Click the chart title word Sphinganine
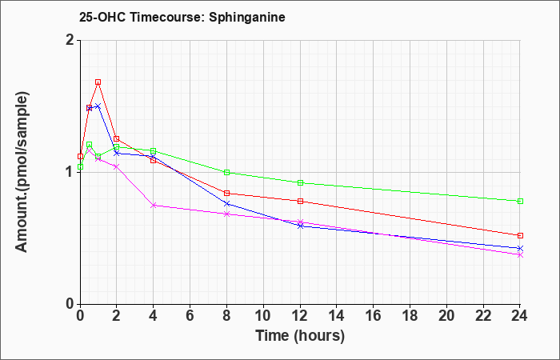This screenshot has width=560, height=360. [246, 18]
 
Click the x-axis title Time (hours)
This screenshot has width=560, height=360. [300, 336]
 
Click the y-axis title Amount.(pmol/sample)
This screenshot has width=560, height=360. [22, 172]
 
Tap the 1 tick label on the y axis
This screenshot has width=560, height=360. [70, 172]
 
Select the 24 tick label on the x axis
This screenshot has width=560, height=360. [520, 316]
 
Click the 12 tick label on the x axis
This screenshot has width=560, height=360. [300, 316]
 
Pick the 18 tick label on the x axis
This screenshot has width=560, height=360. [410, 316]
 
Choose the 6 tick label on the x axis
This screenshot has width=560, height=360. [190, 316]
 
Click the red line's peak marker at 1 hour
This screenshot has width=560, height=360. [98, 82]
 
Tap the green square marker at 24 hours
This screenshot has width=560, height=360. [520, 201]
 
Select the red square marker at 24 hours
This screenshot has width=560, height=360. [520, 235]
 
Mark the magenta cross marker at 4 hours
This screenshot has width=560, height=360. [154, 206]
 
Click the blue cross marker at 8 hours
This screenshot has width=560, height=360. [226, 203]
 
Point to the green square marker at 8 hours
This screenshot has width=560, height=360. [226, 173]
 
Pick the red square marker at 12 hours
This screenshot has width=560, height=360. [300, 201]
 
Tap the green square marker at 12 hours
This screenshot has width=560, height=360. [300, 183]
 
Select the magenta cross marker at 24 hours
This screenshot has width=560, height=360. [520, 255]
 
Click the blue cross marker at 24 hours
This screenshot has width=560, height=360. [520, 248]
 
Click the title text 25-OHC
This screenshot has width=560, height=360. [102, 18]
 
